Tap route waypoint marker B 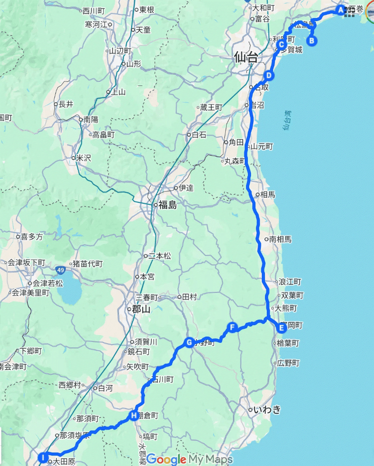(311, 40)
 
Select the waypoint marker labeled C (281, 45)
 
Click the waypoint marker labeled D (269, 75)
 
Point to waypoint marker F (232, 327)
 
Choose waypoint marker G (189, 343)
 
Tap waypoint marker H (133, 415)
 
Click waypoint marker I (43, 458)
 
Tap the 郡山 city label (141, 309)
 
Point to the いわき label (267, 410)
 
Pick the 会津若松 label (48, 283)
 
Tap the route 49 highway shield (60, 270)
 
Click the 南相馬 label (280, 239)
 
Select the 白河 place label (105, 388)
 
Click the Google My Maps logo (189, 459)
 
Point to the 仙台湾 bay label (287, 121)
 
